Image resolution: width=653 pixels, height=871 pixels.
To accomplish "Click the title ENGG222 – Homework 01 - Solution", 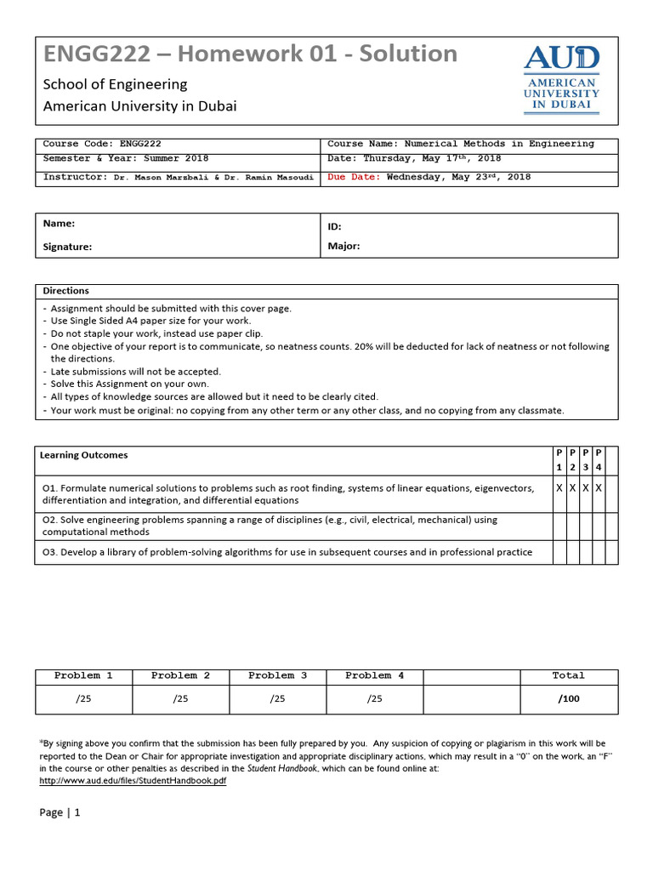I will click(250, 54).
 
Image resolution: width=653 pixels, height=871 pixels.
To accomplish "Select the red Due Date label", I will click(354, 177).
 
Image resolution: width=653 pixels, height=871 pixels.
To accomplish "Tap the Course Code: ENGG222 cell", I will click(102, 144).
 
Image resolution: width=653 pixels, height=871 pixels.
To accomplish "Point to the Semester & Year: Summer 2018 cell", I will click(126, 158).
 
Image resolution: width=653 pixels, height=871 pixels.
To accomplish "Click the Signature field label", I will click(67, 247).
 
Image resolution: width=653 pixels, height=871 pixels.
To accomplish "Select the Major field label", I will click(344, 247).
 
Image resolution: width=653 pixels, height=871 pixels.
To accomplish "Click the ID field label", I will click(334, 227).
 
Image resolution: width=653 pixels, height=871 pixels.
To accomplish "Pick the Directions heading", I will click(65, 290).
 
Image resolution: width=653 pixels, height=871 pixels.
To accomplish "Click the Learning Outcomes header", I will click(83, 455).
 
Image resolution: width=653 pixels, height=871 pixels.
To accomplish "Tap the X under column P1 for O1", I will click(559, 488).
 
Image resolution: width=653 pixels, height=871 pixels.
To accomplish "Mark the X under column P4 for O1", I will click(599, 488).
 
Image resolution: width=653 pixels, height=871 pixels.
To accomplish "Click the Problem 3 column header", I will click(277, 675).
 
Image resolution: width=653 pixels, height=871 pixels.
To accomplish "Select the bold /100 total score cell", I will click(568, 698).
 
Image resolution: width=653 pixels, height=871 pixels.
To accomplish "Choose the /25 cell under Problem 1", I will click(83, 698).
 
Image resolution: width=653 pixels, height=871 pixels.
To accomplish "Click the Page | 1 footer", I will click(60, 812).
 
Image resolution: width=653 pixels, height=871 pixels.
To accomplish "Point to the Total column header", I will click(568, 675).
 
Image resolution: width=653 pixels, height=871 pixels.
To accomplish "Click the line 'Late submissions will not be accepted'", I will click(135, 371).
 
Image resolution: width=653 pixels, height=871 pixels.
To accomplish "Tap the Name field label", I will click(59, 223).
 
